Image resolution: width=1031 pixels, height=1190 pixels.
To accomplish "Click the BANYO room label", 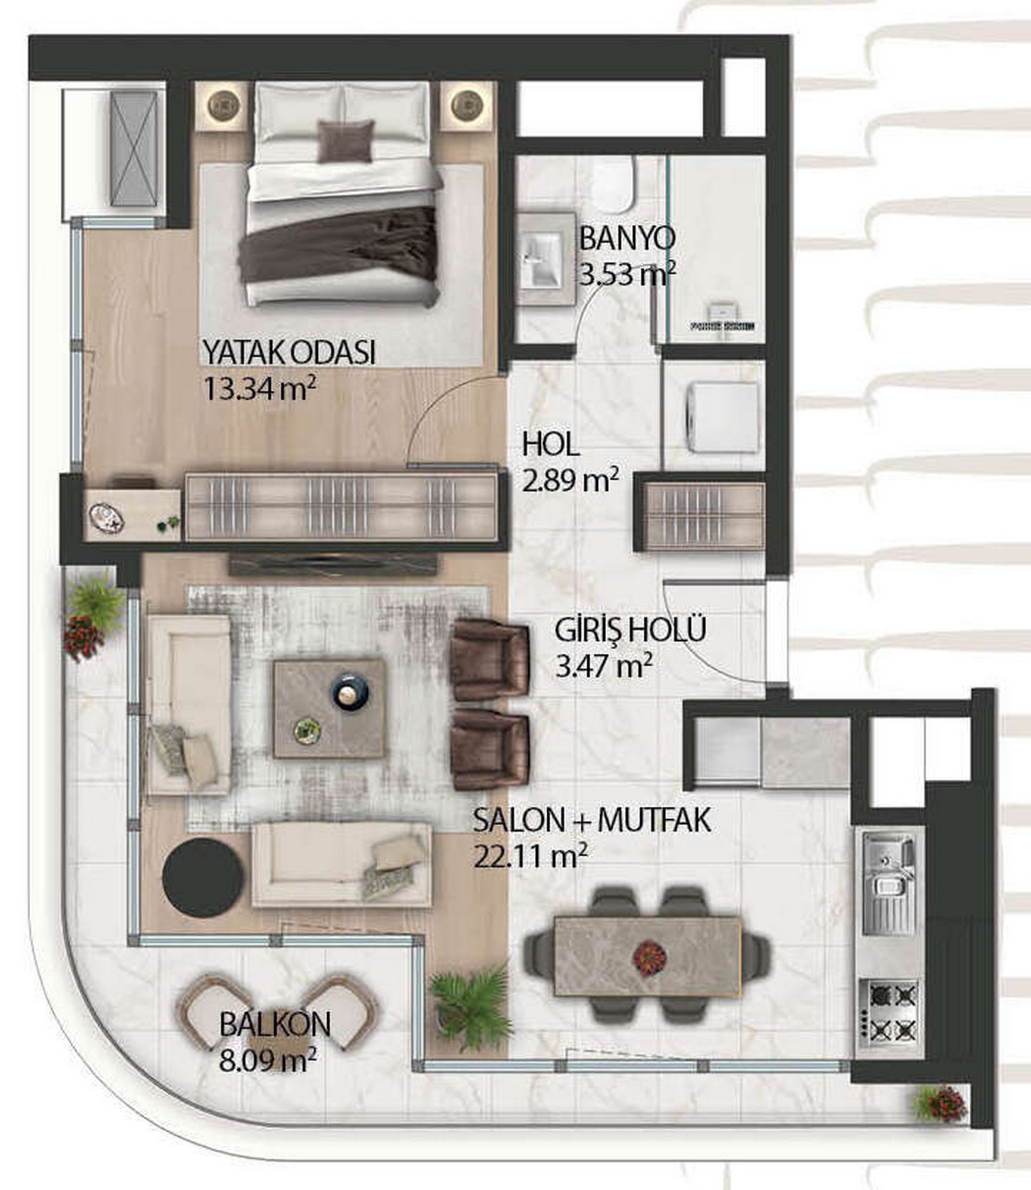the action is click(627, 239).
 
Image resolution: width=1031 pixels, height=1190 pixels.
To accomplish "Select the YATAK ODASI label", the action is click(289, 352).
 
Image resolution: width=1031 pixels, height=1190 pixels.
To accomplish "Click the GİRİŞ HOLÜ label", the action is click(631, 630).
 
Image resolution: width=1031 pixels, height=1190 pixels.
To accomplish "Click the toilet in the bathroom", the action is click(614, 185).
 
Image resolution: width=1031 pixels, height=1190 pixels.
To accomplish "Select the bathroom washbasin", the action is click(543, 260).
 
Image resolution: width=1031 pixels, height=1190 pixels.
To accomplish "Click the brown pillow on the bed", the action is click(346, 142).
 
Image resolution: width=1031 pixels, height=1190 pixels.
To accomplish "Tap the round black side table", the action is click(202, 873).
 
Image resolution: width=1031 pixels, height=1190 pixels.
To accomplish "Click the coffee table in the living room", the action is click(329, 708).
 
